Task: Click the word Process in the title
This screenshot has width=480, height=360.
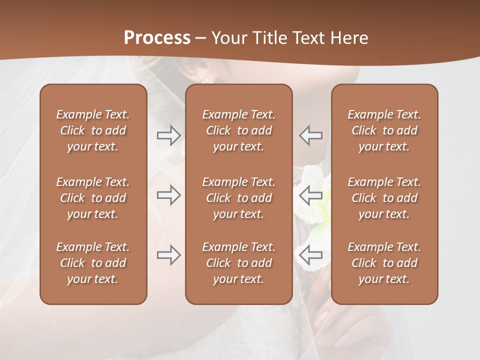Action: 157,38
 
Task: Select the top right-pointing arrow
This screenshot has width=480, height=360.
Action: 168,135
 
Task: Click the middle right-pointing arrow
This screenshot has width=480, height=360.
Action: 168,195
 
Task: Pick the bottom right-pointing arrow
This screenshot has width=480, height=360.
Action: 168,255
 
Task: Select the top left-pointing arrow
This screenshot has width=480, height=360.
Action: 310,135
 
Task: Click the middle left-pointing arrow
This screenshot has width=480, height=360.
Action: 310,195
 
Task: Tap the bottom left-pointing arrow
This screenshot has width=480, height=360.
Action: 310,255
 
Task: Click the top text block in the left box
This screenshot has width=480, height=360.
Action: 93,130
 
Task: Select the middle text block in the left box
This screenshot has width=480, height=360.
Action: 93,198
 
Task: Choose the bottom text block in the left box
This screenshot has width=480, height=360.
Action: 93,263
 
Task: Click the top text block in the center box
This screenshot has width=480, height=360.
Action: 238,130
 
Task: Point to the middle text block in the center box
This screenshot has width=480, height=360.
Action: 238,198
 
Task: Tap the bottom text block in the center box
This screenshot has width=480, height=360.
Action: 238,263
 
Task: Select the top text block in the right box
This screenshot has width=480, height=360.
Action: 384,130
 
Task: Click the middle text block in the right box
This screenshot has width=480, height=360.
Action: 384,198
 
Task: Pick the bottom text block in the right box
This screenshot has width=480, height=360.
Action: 384,263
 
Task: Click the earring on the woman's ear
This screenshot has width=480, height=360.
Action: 206,80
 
